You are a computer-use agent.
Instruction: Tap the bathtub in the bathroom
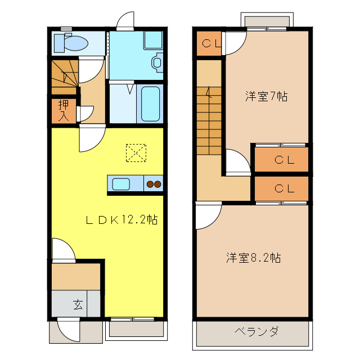(150, 103)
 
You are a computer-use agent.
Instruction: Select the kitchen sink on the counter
(121, 184)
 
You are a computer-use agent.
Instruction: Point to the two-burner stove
(154, 184)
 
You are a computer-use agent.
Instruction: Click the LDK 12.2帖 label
(120, 220)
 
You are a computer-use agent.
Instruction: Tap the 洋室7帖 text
(266, 96)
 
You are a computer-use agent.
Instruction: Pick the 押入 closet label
(64, 110)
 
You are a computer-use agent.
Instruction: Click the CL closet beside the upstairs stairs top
(211, 43)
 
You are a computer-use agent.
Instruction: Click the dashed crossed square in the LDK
(136, 153)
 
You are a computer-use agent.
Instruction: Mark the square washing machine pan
(152, 40)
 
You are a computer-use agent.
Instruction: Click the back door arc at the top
(124, 21)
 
